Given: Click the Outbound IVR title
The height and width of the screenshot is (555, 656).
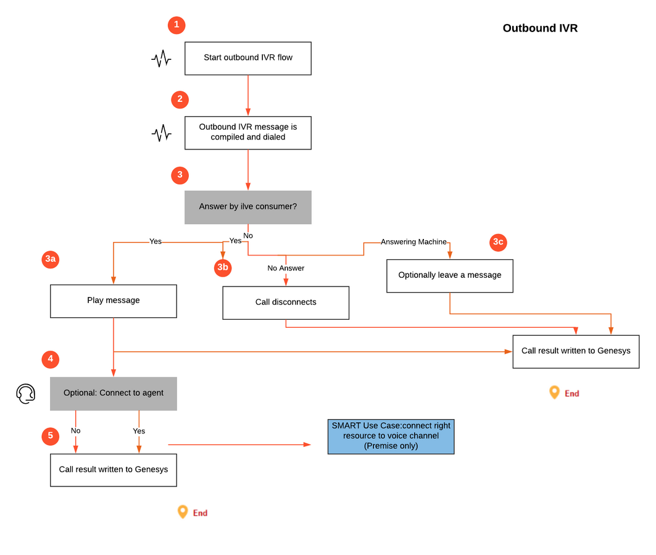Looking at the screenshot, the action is (x=540, y=28).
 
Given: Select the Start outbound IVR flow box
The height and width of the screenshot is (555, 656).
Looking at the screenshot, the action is (x=248, y=58).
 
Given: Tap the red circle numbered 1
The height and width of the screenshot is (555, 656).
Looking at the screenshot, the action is (x=176, y=25).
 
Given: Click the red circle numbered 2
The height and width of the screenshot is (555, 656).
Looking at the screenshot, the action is (x=180, y=99).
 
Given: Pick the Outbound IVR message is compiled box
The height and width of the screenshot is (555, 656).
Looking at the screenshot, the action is (x=248, y=133).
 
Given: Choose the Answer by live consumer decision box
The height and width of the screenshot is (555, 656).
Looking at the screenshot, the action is (x=248, y=207).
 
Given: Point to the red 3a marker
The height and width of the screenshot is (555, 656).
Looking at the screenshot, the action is (x=50, y=259).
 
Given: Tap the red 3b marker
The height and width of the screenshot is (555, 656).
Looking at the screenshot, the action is (x=223, y=268).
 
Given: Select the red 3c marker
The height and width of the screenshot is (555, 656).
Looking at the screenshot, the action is (x=498, y=243).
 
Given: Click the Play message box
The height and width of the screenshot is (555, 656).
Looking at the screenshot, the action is (x=114, y=301).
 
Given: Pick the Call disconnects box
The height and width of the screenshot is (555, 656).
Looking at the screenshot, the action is (x=286, y=303).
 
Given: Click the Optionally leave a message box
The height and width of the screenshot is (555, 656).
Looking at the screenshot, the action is (x=450, y=276).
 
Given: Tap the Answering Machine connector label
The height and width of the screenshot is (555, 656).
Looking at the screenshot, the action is (x=413, y=242).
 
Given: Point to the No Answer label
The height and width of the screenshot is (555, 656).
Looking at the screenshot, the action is (x=286, y=269).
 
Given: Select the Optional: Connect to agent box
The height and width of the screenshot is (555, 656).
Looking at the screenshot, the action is (x=114, y=393).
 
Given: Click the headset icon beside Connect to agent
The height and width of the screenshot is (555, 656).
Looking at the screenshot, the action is (x=25, y=394).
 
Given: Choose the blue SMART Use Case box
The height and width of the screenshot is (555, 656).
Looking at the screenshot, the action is (x=391, y=436).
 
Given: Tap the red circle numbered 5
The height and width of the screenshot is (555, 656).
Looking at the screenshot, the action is (x=50, y=436).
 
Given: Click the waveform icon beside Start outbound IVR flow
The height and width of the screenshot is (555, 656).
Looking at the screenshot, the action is (x=161, y=59).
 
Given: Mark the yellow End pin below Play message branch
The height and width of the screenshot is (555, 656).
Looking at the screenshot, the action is (x=183, y=512).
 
